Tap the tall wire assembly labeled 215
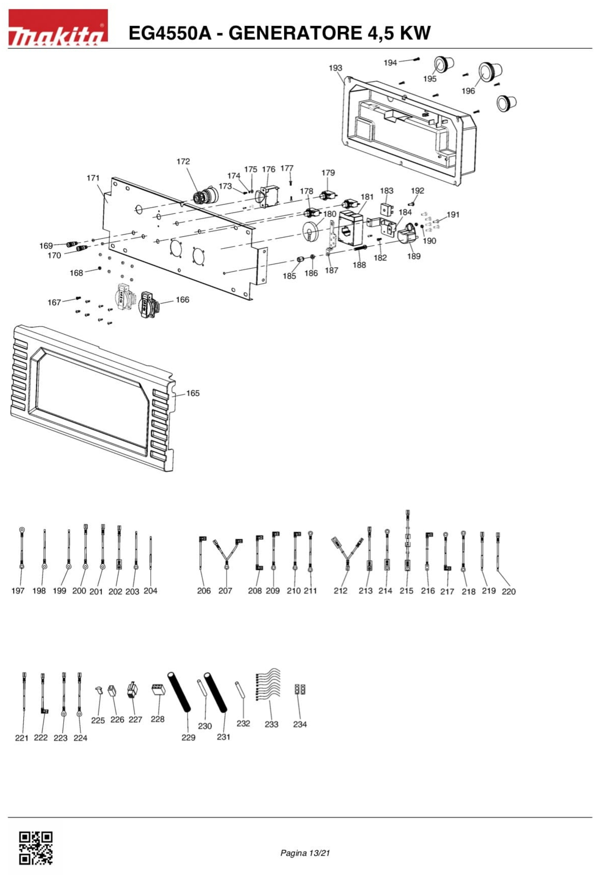pos(407,542)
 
